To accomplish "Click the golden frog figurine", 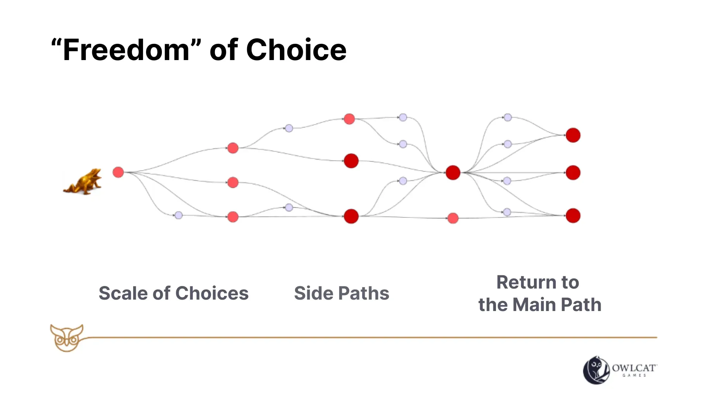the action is pyautogui.click(x=83, y=182).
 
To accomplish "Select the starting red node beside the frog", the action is pyautogui.click(x=118, y=172).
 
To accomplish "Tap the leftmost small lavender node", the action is pyautogui.click(x=178, y=215).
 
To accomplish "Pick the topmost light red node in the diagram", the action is pyautogui.click(x=349, y=119).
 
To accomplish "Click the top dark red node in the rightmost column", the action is pyautogui.click(x=573, y=135).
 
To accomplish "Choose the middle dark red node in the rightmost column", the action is pyautogui.click(x=573, y=172).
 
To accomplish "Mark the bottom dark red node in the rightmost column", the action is pyautogui.click(x=573, y=216).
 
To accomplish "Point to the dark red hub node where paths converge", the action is pyautogui.click(x=453, y=172).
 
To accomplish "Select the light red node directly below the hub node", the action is pyautogui.click(x=453, y=218).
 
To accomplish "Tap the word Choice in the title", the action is pyautogui.click(x=296, y=50).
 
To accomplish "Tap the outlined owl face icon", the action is pyautogui.click(x=67, y=338).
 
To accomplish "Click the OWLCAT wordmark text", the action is pyautogui.click(x=634, y=368).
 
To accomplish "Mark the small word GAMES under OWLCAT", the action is pyautogui.click(x=634, y=376).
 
